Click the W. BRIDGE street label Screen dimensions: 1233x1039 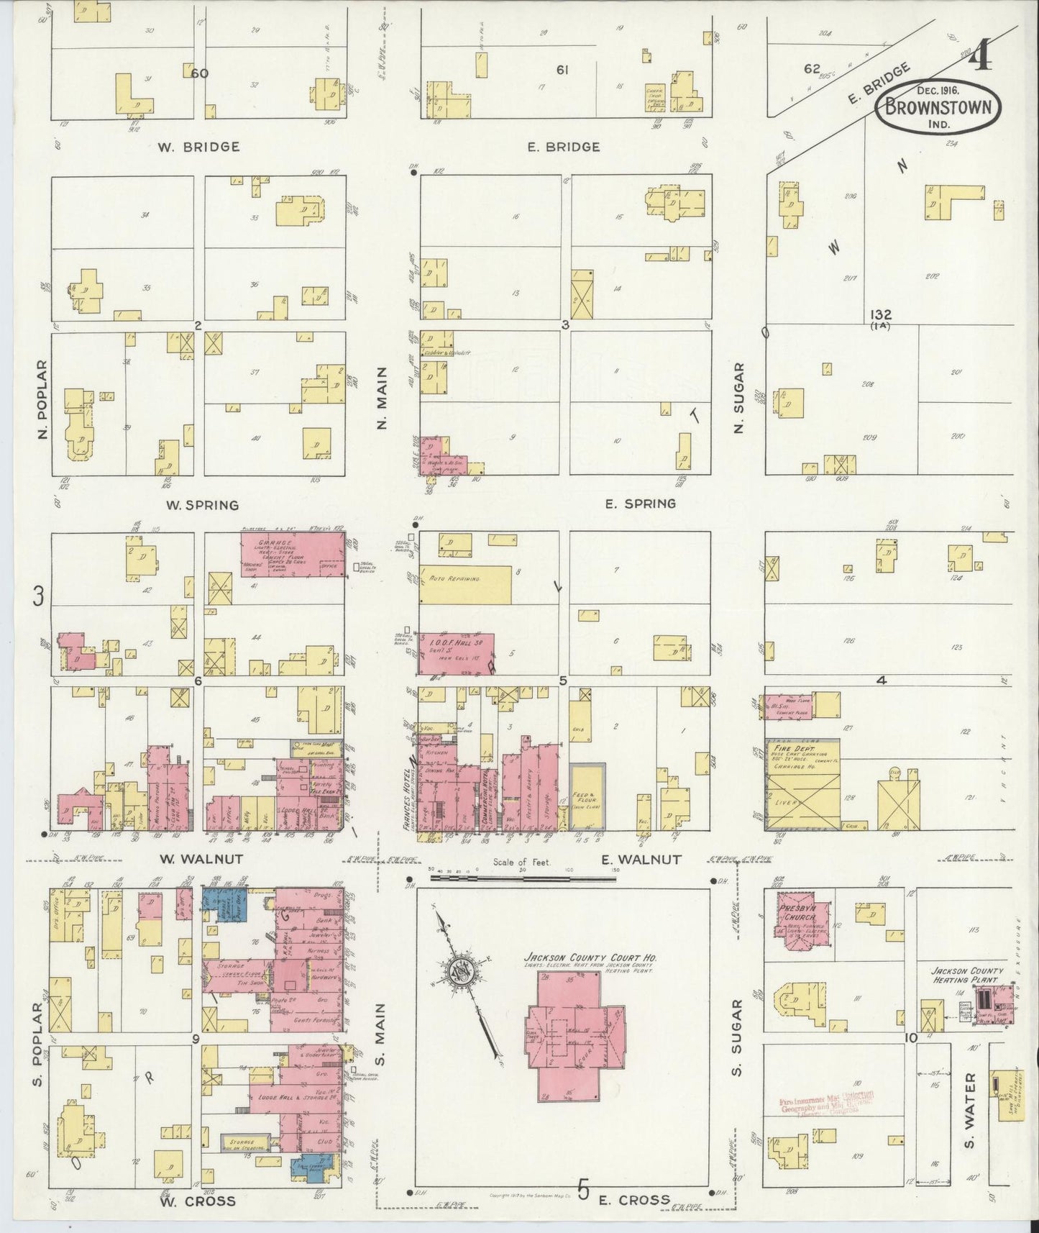tap(198, 147)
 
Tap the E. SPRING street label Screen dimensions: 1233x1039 tap(640, 504)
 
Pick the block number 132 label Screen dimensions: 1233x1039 tap(880, 315)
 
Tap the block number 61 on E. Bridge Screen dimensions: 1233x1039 tap(563, 70)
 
